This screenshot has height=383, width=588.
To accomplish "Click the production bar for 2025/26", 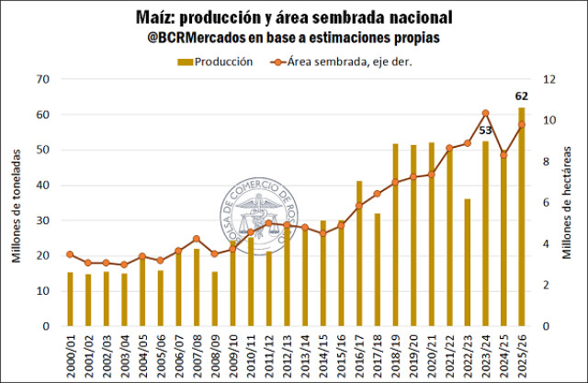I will coord(522,217).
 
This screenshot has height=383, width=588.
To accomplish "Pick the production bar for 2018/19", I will coord(395,234).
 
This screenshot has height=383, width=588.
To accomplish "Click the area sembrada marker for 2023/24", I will coord(485,113).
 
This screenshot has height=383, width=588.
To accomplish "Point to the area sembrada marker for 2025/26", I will coord(522,125).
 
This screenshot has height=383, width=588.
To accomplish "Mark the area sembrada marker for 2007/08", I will coord(196,239).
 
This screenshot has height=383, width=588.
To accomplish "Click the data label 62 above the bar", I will coord(522,96).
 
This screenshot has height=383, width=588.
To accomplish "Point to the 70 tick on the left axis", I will coord(40,79).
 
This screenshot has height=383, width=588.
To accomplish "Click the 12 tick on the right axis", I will coord(550,79).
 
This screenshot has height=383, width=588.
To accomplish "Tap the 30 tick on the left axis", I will coord(40,220).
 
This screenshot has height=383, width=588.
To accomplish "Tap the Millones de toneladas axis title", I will coord(17,203).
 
